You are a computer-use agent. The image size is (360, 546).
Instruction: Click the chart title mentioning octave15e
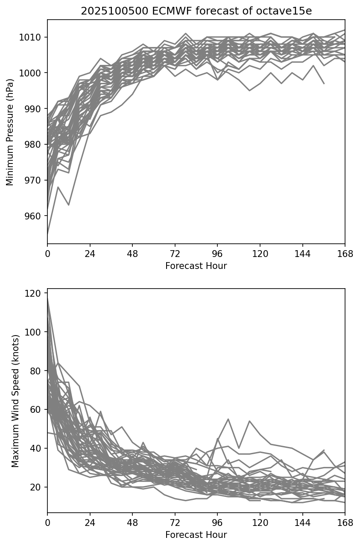pyautogui.click(x=196, y=11)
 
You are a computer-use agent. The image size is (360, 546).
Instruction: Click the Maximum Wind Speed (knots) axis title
pyautogui.click(x=15, y=401)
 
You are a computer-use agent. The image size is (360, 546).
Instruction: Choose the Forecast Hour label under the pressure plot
pyautogui.click(x=196, y=266)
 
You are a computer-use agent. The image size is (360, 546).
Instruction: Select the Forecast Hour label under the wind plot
pyautogui.click(x=196, y=535)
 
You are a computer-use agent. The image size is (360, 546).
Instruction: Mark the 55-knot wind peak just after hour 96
pyautogui.click(x=228, y=419)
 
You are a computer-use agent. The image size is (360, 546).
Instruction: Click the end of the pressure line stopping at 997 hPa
pyautogui.click(x=324, y=83)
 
